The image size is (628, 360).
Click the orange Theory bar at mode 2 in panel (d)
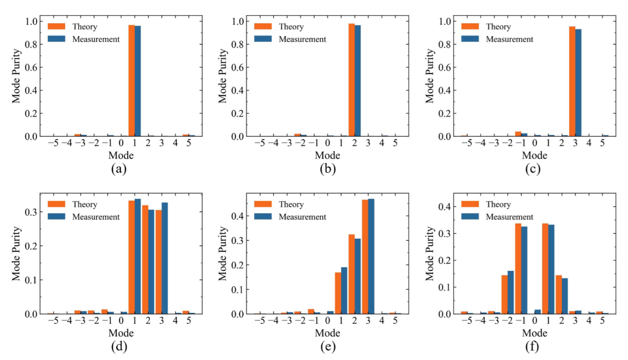[x=145, y=260]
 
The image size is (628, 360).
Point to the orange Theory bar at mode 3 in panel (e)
[x=365, y=257]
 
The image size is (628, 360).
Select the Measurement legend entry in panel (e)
[x=302, y=217]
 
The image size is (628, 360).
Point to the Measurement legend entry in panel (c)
[x=509, y=39]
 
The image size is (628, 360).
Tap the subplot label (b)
[x=327, y=169]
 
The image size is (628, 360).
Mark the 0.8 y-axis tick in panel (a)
[x=32, y=44]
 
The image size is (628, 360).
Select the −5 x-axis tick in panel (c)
[x=463, y=143]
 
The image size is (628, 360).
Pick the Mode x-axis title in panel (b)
[x=327, y=156]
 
